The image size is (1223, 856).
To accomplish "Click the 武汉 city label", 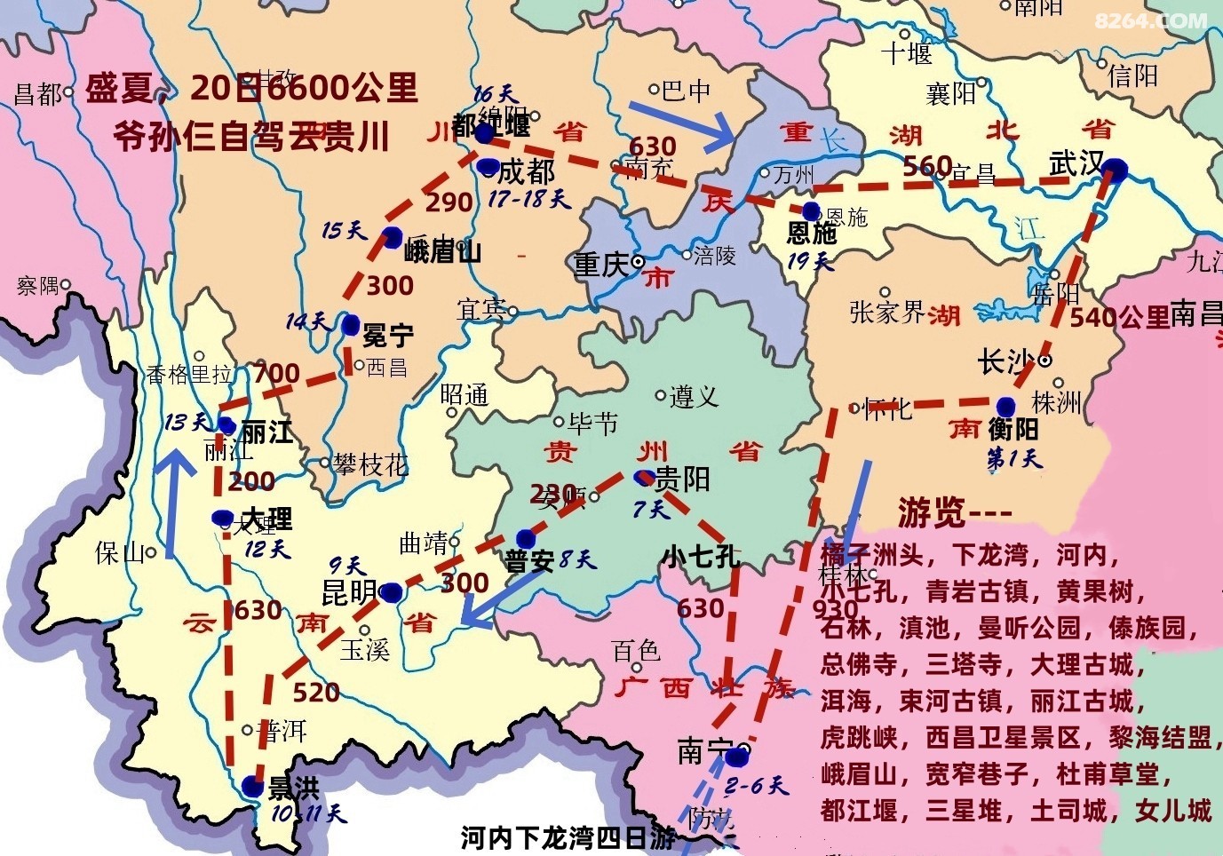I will pos(1075,163).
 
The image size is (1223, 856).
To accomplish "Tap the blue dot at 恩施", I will pos(811,211).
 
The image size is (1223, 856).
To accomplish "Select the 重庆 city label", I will pos(600,264).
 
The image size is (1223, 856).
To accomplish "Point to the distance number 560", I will pos(927,166).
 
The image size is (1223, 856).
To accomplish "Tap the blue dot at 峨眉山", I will pos(392,237).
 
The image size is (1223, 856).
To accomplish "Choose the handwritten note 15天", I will pos(344,231).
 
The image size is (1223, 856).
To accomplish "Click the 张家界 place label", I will pos(887,312).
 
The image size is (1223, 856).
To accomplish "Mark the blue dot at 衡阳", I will pos(1005,407).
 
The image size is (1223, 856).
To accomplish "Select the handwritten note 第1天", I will pos(1014,458).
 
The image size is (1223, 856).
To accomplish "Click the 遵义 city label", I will pos(694,396).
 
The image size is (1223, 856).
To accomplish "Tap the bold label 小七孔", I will pos(700,556).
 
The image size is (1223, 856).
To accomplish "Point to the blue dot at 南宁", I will pos(735,757).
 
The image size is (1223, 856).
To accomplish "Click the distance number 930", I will pos(835,608).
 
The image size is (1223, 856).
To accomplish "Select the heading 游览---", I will pos(954,511).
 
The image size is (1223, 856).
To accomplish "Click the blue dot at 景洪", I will pos(252,787).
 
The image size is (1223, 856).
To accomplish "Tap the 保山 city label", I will pos(120,553).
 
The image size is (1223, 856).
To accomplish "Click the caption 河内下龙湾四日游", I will pos(568,837).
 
